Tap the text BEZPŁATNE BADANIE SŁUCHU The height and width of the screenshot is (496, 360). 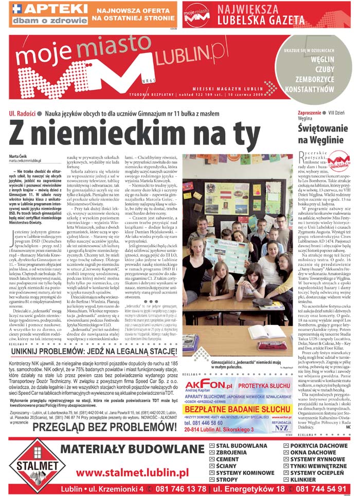click(231, 394)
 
